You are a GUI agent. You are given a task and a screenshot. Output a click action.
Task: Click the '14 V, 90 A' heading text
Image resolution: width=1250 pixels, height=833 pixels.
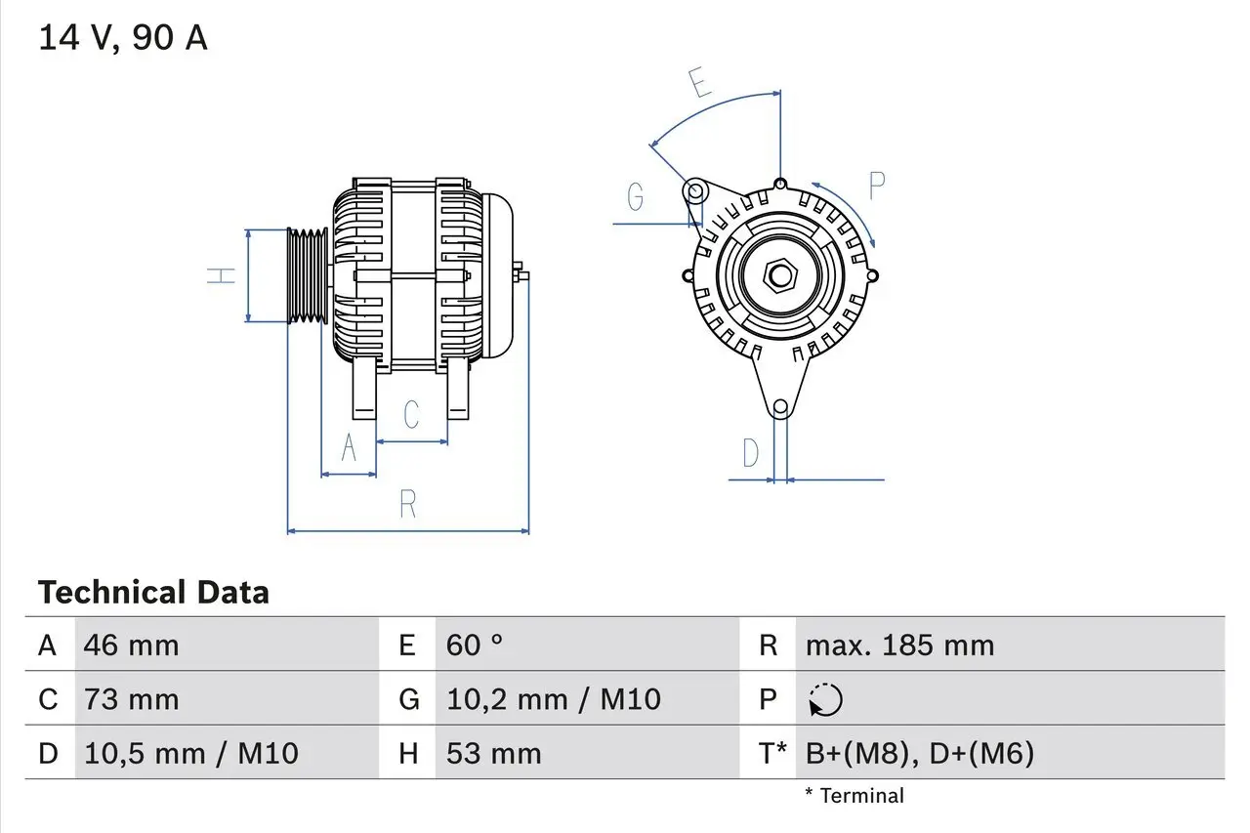click(123, 38)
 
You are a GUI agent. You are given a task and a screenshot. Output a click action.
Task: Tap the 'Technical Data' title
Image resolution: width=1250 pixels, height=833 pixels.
click(153, 593)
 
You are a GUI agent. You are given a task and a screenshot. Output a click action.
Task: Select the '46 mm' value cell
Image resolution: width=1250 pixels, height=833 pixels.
click(132, 646)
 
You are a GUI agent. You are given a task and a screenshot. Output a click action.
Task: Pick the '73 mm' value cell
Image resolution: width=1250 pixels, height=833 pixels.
click(132, 699)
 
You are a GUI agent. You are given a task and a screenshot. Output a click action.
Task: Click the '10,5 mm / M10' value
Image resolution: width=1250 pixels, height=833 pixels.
click(191, 753)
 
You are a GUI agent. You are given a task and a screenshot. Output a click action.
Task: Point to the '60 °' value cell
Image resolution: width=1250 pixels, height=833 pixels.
click(475, 646)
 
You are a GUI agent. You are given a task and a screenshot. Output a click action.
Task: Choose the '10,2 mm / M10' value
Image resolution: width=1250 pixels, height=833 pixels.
click(554, 699)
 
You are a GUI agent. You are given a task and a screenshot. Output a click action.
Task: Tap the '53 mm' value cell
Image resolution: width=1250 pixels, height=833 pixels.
click(493, 753)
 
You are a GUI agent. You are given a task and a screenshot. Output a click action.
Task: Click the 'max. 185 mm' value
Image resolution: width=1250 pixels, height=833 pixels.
click(899, 646)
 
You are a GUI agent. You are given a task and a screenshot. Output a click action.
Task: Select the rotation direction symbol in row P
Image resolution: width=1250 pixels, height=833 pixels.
click(826, 700)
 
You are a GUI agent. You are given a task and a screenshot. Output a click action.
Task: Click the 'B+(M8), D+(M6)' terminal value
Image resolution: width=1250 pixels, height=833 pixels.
click(919, 753)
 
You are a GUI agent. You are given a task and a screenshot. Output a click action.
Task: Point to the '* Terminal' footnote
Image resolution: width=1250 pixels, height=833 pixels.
click(854, 796)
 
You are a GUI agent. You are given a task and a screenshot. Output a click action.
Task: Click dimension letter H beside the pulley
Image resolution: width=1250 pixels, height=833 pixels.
click(224, 275)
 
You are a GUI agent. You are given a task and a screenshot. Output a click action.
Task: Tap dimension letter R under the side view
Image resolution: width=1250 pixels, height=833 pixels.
click(408, 505)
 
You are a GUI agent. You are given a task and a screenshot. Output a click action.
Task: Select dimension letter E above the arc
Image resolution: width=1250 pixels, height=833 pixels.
click(699, 83)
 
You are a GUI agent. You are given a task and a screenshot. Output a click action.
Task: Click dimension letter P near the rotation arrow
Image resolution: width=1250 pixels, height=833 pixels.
click(876, 185)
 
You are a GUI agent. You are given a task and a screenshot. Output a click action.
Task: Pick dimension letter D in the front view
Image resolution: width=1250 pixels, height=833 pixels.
click(750, 453)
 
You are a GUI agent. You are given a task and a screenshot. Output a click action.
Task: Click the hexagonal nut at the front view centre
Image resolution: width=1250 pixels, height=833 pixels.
click(779, 275)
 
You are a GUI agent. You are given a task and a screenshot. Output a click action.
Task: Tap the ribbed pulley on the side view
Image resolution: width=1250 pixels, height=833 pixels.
click(308, 275)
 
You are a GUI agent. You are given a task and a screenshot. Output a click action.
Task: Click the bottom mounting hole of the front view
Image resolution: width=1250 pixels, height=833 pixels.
click(780, 407)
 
